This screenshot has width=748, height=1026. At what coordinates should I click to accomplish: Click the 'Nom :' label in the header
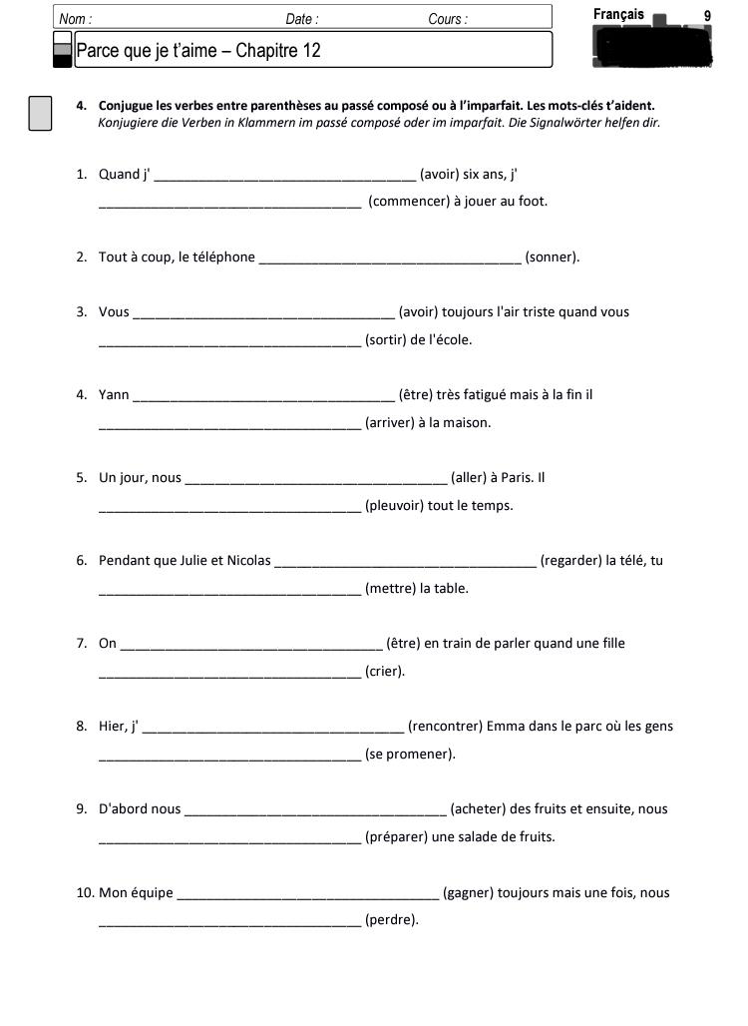click(75, 19)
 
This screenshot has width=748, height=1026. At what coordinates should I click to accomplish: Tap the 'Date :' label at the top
click(302, 19)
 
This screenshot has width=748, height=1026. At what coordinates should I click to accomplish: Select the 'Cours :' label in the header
click(447, 19)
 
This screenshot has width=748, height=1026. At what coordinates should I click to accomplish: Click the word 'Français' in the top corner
click(618, 15)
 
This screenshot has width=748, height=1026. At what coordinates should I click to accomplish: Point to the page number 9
click(707, 16)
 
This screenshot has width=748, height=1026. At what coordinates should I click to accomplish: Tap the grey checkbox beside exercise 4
click(40, 113)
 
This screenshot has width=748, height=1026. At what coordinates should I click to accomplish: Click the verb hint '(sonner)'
click(552, 257)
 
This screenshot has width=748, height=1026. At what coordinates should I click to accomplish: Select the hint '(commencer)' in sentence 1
click(408, 202)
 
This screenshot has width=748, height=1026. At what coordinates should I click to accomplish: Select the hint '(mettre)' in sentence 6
click(390, 589)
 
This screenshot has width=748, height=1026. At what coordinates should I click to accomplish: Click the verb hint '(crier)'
click(385, 672)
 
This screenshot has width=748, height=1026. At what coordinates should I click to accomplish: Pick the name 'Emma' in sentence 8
click(504, 727)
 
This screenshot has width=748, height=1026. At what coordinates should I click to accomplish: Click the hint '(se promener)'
click(410, 755)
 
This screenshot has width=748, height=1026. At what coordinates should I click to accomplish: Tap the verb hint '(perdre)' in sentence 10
click(392, 920)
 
